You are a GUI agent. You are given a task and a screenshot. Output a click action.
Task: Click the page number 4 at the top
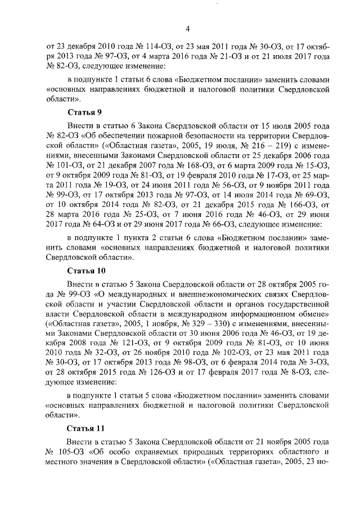click(187, 30)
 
